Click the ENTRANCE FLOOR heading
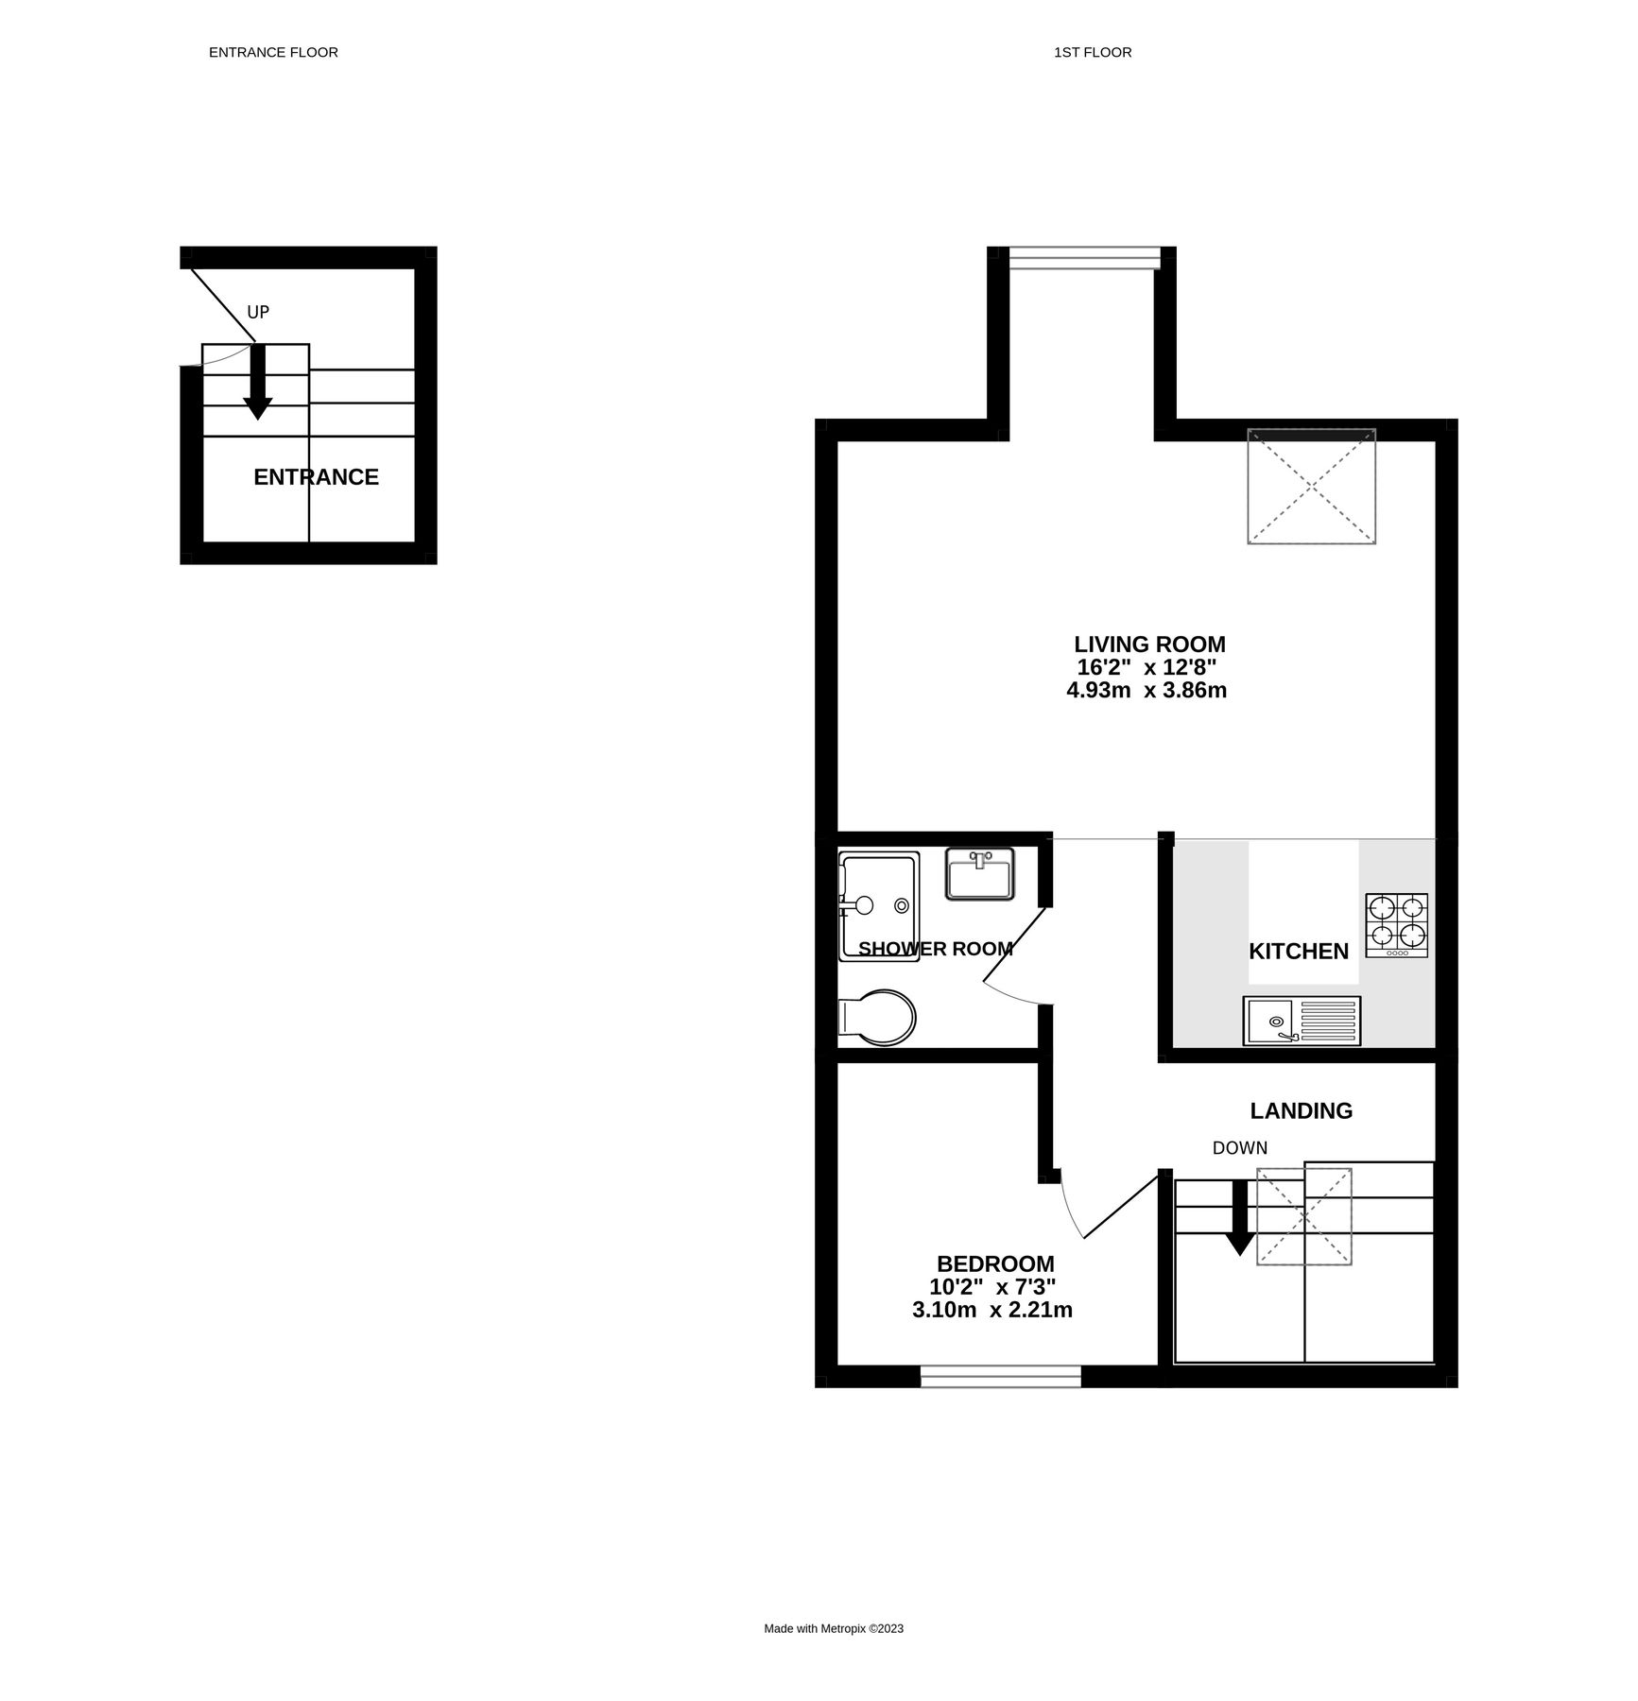(x=273, y=53)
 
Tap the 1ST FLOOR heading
(x=1093, y=53)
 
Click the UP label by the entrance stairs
(x=258, y=312)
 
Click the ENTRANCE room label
(x=316, y=477)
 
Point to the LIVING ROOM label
(x=1149, y=644)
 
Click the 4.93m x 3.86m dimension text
(x=1147, y=691)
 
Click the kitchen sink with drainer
(x=1302, y=1021)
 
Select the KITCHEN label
(x=1299, y=952)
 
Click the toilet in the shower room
(x=877, y=1017)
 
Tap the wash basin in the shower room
(x=979, y=874)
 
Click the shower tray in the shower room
(x=879, y=907)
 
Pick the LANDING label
(x=1301, y=1111)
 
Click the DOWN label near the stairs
(x=1239, y=1148)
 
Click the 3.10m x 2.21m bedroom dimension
(x=992, y=1311)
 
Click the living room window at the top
(x=1083, y=257)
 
